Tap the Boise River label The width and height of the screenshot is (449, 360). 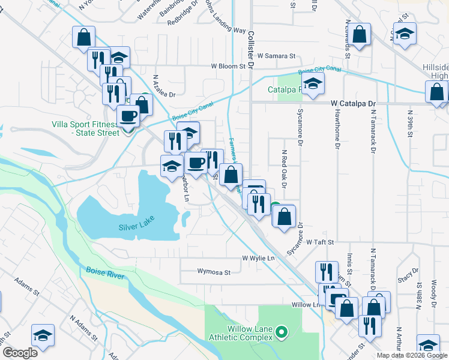tap(105, 274)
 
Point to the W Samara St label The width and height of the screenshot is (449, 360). tap(278, 56)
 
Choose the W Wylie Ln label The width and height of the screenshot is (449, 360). tap(258, 258)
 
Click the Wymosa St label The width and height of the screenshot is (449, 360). tap(214, 272)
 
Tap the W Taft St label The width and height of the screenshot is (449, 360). tap(319, 242)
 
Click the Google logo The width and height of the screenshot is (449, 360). tap(20, 353)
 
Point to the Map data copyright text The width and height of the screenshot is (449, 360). tap(412, 355)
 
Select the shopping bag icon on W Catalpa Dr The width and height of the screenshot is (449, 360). tap(436, 93)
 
